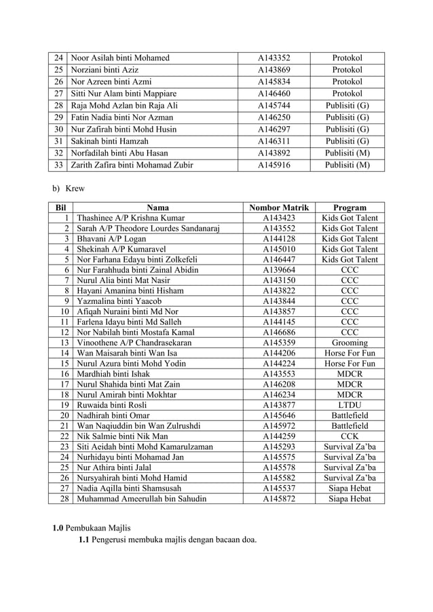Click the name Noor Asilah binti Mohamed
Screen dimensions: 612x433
[x=120, y=58]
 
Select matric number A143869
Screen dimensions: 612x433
[x=274, y=70]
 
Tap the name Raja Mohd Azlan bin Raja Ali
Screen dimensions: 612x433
[x=124, y=106]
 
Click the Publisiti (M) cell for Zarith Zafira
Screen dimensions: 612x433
[x=347, y=165]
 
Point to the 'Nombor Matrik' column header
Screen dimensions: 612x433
[x=279, y=208]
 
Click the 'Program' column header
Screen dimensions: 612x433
[x=350, y=208]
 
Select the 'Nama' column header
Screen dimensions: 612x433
[x=157, y=208]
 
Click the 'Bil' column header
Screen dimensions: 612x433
[x=60, y=208]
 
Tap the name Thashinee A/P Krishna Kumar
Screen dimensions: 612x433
[x=131, y=218]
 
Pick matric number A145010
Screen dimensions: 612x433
[x=279, y=250]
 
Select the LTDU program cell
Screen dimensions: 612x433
[x=350, y=405]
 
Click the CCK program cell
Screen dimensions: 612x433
[x=350, y=436]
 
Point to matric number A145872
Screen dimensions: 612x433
[x=279, y=499]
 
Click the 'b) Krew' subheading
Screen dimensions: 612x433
[x=69, y=189]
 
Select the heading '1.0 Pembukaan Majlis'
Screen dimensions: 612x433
[x=92, y=527]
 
